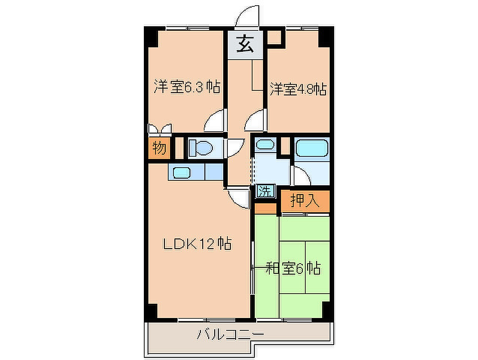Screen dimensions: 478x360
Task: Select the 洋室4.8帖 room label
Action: point(298,89)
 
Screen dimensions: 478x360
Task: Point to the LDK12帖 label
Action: point(197,244)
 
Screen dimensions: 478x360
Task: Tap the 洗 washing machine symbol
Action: point(265,191)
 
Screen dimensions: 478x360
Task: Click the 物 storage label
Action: point(159,148)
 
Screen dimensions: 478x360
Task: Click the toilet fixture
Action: point(201,148)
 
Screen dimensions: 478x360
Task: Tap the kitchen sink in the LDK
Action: point(182,173)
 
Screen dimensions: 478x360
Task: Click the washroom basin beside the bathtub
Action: point(265,144)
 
